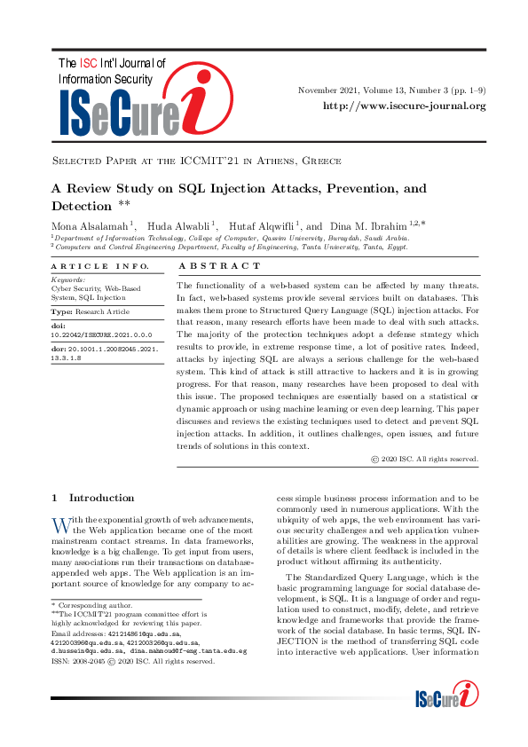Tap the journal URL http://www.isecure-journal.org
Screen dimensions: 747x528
pyautogui.click(x=404, y=106)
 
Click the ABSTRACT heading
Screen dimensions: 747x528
pyautogui.click(x=220, y=266)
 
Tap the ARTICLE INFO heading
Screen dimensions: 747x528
pyautogui.click(x=88, y=266)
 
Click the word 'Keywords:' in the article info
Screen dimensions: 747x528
pyautogui.click(x=68, y=279)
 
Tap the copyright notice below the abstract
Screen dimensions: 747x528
pyautogui.click(x=424, y=460)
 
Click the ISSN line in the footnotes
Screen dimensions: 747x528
pyautogui.click(x=132, y=661)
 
